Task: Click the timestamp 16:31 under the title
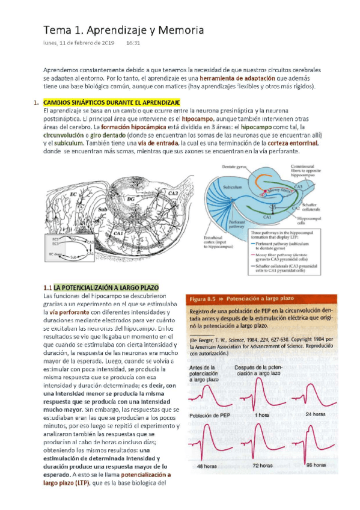[133, 43]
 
